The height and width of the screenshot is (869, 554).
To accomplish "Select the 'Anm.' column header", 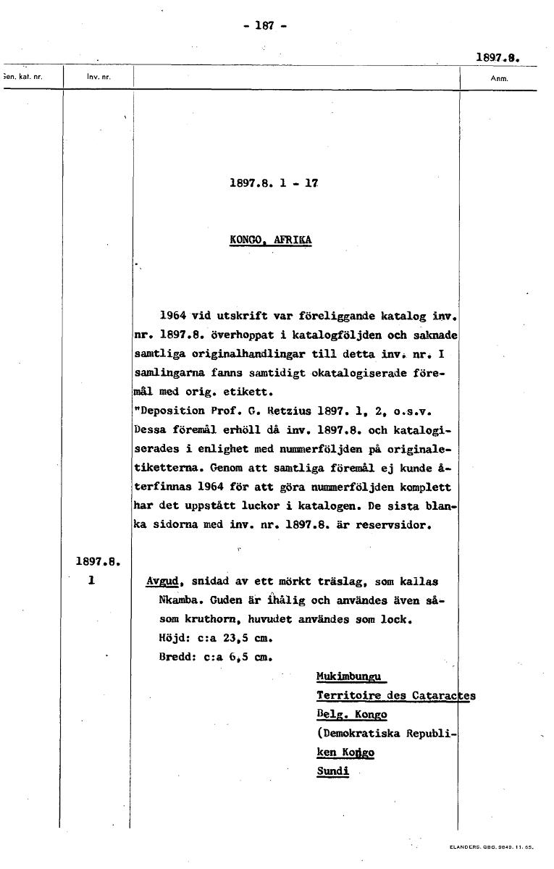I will pyautogui.click(x=499, y=78).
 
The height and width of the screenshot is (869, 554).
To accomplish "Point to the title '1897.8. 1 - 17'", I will pyautogui.click(x=274, y=184).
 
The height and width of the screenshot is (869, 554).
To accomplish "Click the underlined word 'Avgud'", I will pyautogui.click(x=162, y=582).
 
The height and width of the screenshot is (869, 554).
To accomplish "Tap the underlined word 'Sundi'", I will pyautogui.click(x=332, y=771).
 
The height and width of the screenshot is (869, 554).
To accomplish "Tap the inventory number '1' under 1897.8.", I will pyautogui.click(x=91, y=581).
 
